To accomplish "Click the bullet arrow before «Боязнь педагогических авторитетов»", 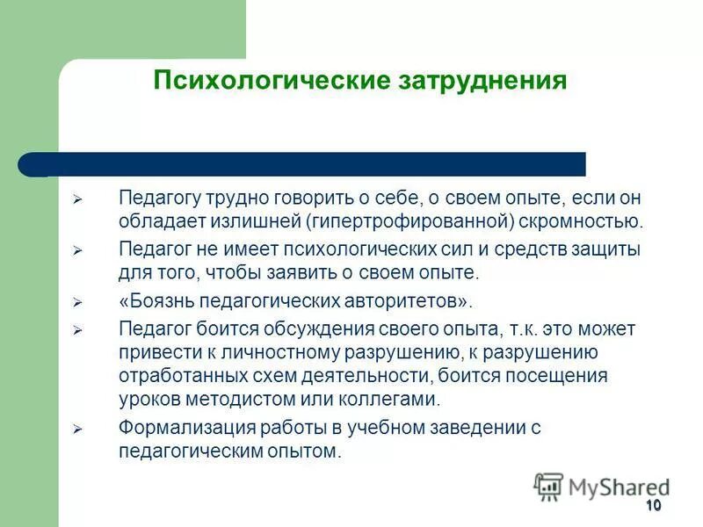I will point(76,303).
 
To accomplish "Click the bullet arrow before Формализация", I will point(76,430).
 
